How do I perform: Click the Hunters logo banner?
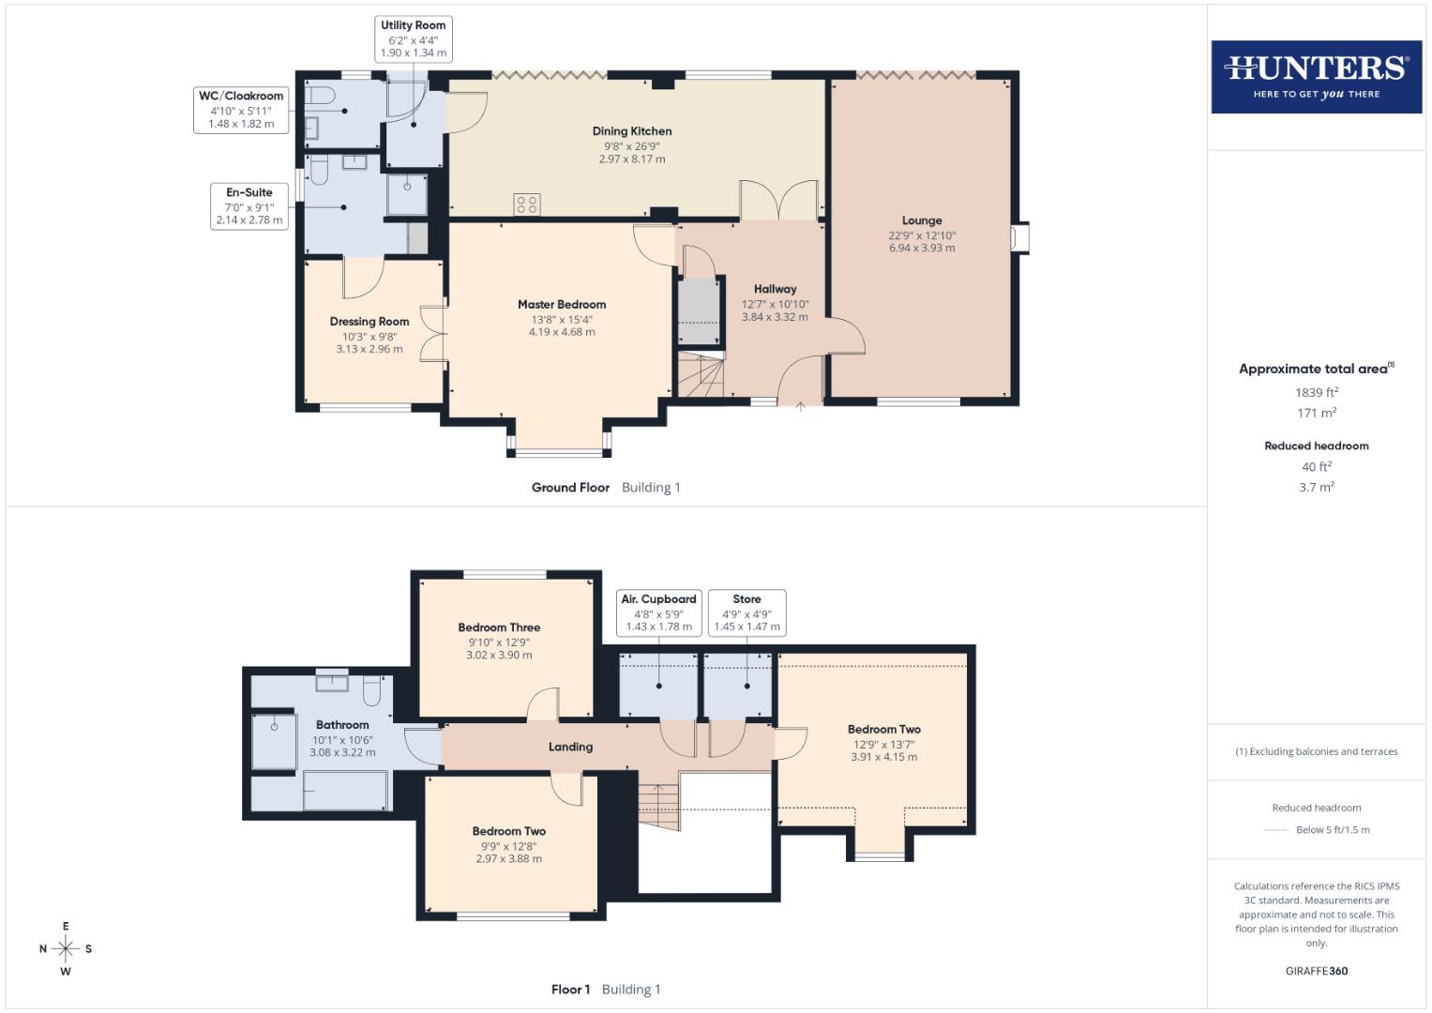pyautogui.click(x=1316, y=77)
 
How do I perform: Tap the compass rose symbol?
pyautogui.click(x=66, y=948)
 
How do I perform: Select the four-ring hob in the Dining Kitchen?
pyautogui.click(x=526, y=204)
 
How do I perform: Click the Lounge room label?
pyautogui.click(x=922, y=220)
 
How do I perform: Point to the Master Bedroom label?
pyautogui.click(x=562, y=304)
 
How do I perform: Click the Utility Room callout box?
pyautogui.click(x=413, y=39)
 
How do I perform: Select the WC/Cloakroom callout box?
pyautogui.click(x=241, y=110)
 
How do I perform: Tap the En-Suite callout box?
pyautogui.click(x=249, y=206)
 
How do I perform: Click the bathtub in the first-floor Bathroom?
pyautogui.click(x=345, y=790)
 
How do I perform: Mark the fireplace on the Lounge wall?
pyautogui.click(x=1019, y=237)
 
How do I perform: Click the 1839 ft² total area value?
pyautogui.click(x=1317, y=393)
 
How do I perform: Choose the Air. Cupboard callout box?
pyautogui.click(x=659, y=612)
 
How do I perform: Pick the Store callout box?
pyautogui.click(x=746, y=612)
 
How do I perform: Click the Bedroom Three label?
pyautogui.click(x=499, y=627)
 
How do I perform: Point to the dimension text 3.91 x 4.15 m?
pyautogui.click(x=883, y=757)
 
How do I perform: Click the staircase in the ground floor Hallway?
pyautogui.click(x=701, y=376)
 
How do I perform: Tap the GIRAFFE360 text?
pyautogui.click(x=1317, y=971)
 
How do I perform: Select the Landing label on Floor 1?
pyautogui.click(x=570, y=747)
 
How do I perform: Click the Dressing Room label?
pyautogui.click(x=369, y=322)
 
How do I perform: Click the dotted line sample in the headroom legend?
pyautogui.click(x=1276, y=830)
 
